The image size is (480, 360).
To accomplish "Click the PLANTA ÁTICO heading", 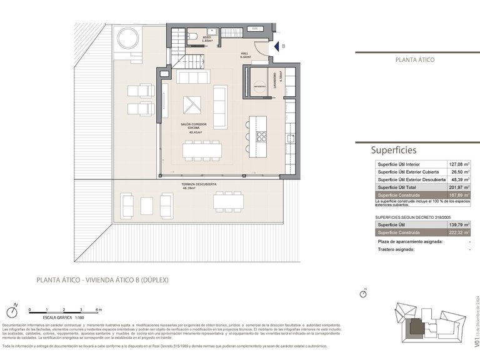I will pos(414,60).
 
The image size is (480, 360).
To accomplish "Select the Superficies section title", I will pos(393,150).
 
